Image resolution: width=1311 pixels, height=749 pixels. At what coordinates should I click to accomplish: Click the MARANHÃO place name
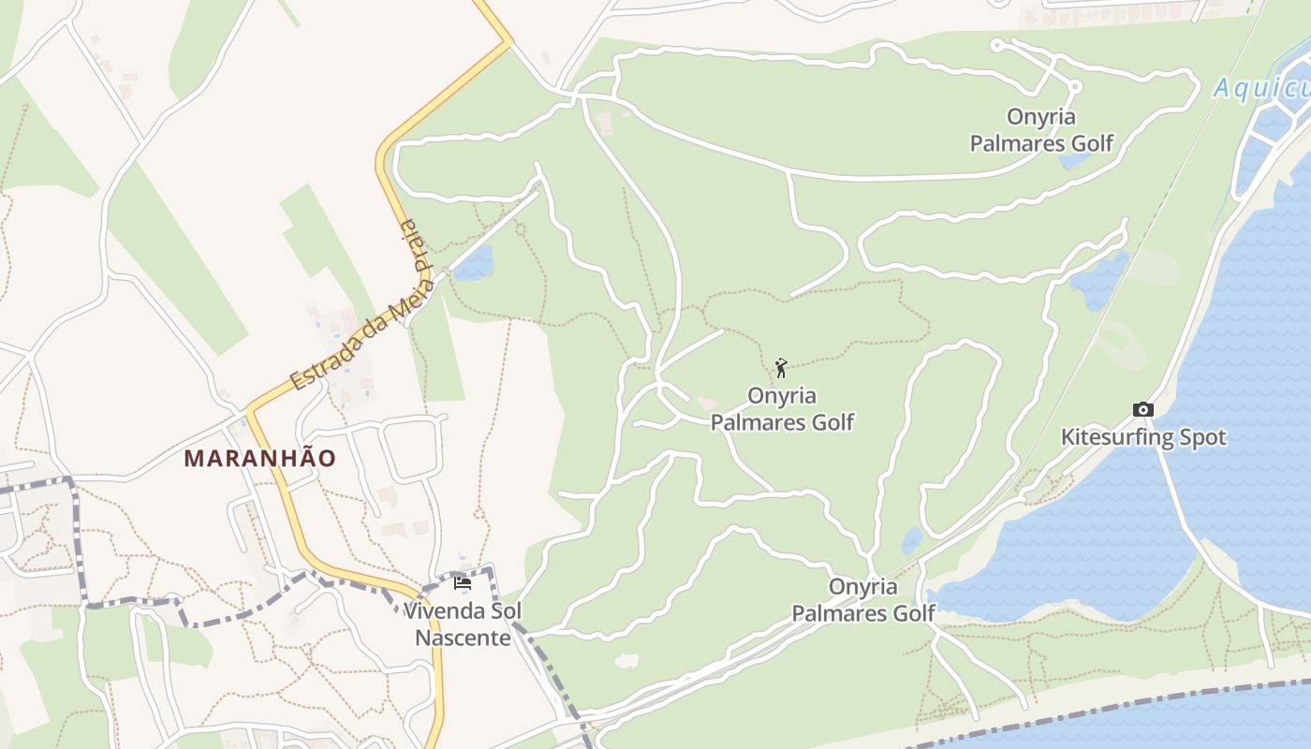259,459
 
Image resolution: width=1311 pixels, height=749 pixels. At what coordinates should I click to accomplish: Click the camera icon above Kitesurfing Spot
1142,409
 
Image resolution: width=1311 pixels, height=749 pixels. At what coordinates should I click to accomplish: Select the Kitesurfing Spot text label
1142,437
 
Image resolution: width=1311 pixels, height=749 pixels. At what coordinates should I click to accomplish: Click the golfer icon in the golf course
781,367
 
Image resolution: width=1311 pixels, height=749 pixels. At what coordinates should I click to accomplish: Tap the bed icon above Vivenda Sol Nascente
462,583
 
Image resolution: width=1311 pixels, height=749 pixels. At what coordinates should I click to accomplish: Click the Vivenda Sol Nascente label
463,624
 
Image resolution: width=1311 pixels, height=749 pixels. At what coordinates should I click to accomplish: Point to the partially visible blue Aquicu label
1261,89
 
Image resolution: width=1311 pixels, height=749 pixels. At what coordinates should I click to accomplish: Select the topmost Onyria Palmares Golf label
1041,130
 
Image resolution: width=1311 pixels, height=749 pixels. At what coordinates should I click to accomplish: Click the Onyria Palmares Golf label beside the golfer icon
782,409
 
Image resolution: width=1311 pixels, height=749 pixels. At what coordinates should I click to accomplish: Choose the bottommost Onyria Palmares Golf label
863,600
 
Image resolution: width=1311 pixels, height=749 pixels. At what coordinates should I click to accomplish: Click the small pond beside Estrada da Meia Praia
474,263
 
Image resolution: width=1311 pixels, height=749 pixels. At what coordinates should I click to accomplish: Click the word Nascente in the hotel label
463,638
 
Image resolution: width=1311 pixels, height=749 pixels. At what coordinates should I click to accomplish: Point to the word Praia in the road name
412,245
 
